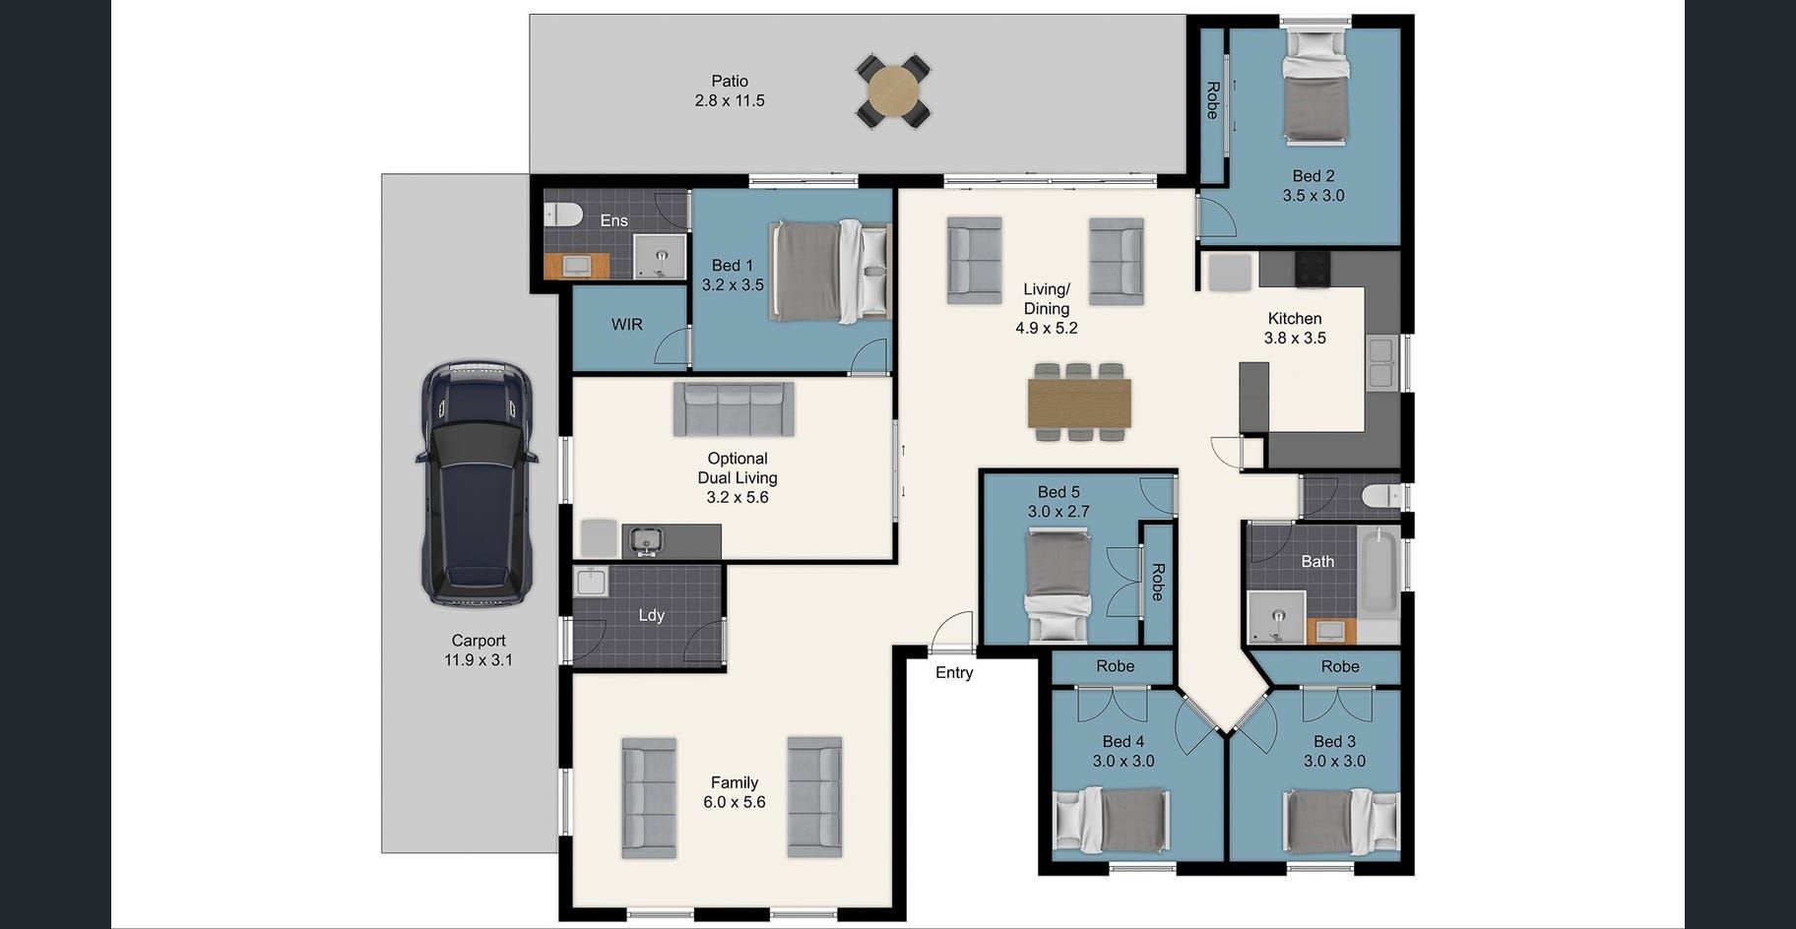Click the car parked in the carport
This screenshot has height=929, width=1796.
coord(478,483)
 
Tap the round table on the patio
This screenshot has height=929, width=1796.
coord(893,91)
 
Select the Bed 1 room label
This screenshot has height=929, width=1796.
coord(733,266)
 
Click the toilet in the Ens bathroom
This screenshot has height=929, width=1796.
coord(562,214)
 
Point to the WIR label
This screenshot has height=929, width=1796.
coord(627,325)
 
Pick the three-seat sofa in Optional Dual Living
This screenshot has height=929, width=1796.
coord(734,409)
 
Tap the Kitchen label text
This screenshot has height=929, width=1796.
coord(1295,319)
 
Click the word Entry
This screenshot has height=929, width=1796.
coord(954,673)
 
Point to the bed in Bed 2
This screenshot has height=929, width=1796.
coord(1315,86)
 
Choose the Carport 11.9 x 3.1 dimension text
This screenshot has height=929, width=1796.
coord(479,660)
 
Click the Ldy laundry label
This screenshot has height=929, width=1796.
coord(652,615)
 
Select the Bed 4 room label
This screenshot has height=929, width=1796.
coord(1123,742)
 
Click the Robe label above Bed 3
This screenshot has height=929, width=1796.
coord(1340,667)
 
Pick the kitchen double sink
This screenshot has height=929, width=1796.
coord(1380,362)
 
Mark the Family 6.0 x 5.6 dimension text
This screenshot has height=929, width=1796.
coord(735,802)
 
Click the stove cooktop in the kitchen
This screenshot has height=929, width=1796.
coord(1312,268)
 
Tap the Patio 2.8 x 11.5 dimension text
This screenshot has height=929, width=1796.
coord(730,100)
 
